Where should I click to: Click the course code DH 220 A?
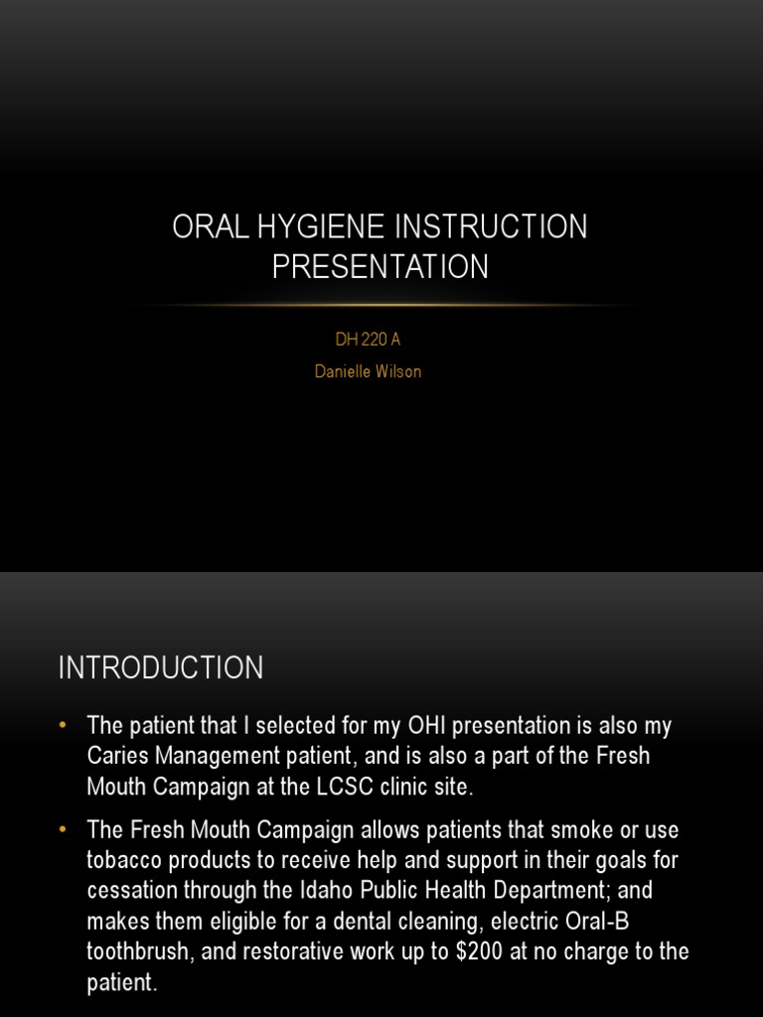tap(368, 340)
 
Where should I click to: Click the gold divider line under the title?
tap(381, 305)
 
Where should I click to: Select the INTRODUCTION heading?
tap(161, 668)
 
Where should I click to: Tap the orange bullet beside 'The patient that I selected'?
tap(66, 726)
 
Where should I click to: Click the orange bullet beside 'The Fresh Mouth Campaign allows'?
tap(66, 828)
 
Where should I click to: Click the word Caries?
tap(120, 756)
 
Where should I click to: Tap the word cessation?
tap(131, 890)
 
